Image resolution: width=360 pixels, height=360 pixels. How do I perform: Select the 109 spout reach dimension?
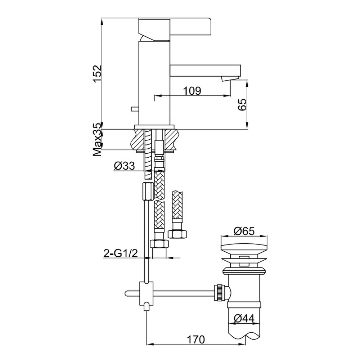pyautogui.click(x=192, y=91)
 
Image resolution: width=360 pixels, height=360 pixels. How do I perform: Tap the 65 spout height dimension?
pyautogui.click(x=242, y=105)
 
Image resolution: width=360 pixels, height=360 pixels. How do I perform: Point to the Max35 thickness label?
pyautogui.click(x=97, y=140)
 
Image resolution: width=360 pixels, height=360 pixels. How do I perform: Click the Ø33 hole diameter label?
pyautogui.click(x=124, y=166)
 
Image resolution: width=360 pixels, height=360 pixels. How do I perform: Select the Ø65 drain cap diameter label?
pyautogui.click(x=244, y=231)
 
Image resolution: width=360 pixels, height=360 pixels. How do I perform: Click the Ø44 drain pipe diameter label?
pyautogui.click(x=244, y=318)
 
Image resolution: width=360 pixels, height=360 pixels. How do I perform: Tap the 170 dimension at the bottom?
pyautogui.click(x=195, y=339)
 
